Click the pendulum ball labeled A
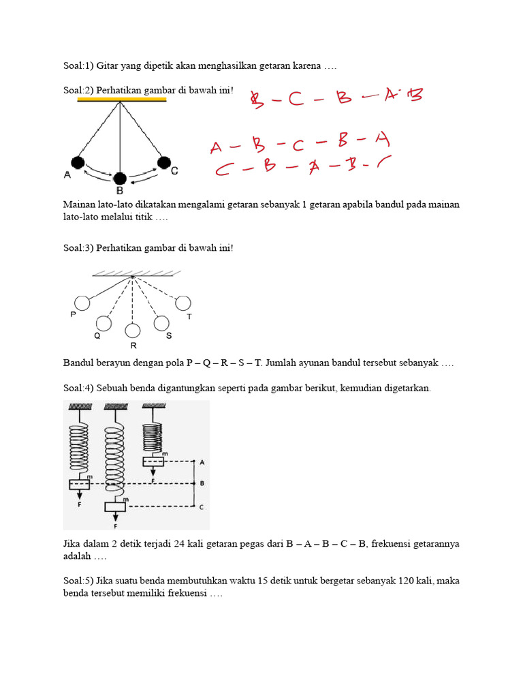coord(78,162)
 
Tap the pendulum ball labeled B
coord(120,179)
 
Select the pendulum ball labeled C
coord(163,162)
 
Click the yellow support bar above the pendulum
coord(122,100)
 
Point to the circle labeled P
coord(82,303)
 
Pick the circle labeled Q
coord(104,323)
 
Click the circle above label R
coord(133,331)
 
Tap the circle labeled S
coord(161,323)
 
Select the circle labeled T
coord(183,303)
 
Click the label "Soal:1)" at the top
coord(78,66)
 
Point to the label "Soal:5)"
coord(78,581)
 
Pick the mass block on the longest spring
coord(115,506)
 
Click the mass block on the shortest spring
coord(154,462)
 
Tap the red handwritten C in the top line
coord(295,100)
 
